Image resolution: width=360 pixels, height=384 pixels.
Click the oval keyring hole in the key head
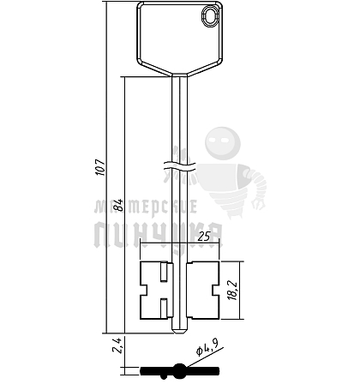212,16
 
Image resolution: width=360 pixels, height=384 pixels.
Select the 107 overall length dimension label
100,167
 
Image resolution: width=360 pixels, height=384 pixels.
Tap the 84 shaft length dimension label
118,205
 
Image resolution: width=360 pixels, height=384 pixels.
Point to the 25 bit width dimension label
204,237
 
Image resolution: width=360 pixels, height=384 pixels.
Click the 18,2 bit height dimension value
233,291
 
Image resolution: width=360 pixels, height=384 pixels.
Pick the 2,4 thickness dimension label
117,345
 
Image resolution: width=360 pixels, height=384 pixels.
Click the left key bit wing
156,290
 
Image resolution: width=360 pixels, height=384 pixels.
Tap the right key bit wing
202,290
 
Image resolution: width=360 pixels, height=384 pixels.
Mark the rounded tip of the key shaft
179,331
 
